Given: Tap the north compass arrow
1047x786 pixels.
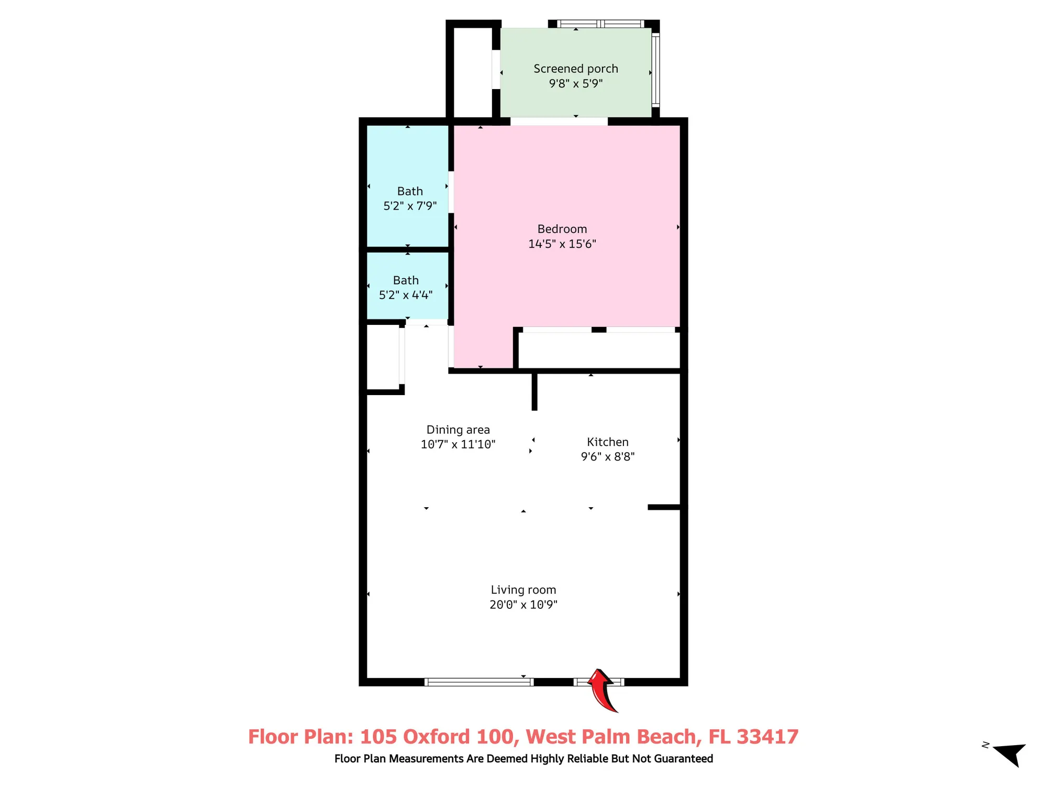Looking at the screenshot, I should [x=1010, y=754].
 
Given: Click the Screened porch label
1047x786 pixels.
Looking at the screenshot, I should [x=575, y=69].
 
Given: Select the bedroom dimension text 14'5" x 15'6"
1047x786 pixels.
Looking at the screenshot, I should [x=562, y=244].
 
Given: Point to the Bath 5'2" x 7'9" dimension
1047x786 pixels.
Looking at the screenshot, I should [x=410, y=206].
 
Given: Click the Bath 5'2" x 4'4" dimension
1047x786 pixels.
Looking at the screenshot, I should [x=406, y=295].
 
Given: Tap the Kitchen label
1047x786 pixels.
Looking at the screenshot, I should [x=607, y=442].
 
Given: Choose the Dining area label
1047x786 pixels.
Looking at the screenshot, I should [x=458, y=430].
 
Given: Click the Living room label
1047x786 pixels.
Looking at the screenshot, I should [x=523, y=590].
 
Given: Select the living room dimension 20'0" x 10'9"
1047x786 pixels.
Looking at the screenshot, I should [x=523, y=605].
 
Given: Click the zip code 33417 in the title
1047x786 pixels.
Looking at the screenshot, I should [x=767, y=737].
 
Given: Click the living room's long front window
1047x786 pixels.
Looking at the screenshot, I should [x=478, y=682].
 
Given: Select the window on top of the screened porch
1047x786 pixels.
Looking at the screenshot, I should [x=600, y=24].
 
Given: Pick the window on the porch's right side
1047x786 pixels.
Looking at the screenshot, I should [x=655, y=70].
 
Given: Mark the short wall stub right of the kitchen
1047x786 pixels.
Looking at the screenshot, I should [x=664, y=507].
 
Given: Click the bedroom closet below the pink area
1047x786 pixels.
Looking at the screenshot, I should [x=599, y=351].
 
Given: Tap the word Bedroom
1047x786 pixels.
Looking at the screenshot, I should [x=562, y=229].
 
